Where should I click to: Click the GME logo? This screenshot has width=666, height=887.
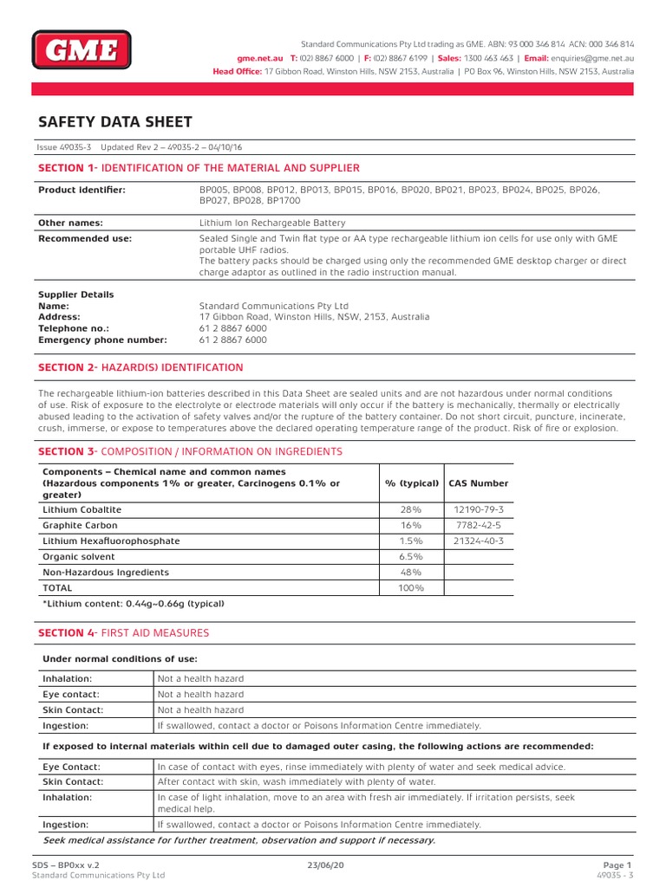(x=82, y=49)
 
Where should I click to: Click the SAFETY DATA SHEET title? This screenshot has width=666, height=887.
(x=115, y=122)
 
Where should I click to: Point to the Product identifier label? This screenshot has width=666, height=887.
(x=82, y=189)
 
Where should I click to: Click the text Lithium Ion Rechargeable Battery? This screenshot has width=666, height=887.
(x=272, y=223)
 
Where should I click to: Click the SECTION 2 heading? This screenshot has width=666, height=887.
(x=140, y=367)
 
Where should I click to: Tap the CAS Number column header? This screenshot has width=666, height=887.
(x=479, y=483)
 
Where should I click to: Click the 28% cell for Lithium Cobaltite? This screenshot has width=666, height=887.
(x=411, y=509)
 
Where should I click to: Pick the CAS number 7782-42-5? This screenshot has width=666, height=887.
(x=479, y=525)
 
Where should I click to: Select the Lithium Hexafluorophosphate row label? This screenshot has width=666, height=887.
(x=112, y=541)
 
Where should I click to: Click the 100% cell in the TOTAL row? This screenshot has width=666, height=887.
(x=411, y=588)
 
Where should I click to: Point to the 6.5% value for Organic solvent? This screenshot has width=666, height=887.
(x=411, y=556)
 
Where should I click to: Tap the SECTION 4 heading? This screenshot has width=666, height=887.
(x=123, y=633)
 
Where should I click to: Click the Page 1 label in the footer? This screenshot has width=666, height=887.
(x=617, y=864)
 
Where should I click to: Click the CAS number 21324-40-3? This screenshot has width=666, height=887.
(x=479, y=541)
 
